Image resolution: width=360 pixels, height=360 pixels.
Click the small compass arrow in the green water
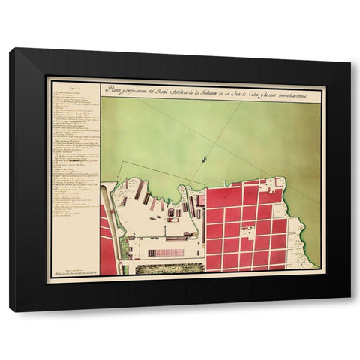(203, 158)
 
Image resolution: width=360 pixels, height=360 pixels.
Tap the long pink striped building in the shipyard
(166, 253)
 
